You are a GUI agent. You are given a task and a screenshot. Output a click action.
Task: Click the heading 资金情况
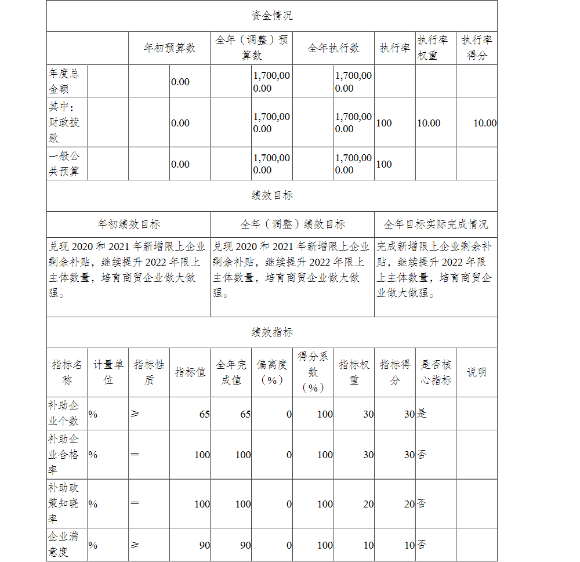[271, 16]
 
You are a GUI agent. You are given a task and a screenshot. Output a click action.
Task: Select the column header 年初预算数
[169, 48]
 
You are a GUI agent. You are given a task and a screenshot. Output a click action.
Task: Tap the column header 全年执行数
[333, 48]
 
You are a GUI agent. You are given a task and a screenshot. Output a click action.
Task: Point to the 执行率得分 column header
[477, 48]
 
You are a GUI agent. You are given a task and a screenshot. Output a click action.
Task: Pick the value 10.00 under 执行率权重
[429, 123]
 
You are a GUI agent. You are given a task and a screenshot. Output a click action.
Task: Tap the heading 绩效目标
[271, 196]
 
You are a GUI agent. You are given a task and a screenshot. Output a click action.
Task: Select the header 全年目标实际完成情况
[436, 224]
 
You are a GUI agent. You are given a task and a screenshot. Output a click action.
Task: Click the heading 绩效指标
[271, 332]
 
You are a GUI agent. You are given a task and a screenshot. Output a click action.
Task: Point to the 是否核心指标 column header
[436, 372]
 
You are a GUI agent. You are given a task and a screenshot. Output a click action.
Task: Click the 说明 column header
[477, 372]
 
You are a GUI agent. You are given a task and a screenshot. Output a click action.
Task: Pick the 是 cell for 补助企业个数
[422, 414]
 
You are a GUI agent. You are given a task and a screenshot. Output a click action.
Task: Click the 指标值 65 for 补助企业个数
[204, 414]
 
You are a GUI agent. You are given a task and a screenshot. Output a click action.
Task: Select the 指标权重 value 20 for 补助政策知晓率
[368, 504]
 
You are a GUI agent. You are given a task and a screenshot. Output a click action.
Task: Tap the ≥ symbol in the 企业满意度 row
[135, 545]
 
